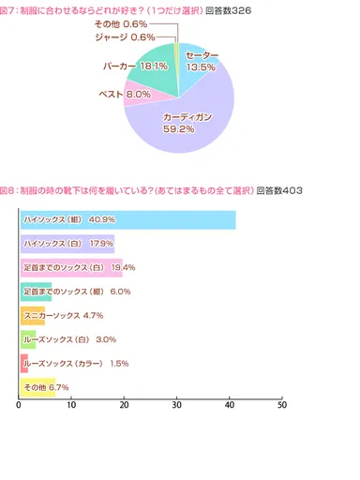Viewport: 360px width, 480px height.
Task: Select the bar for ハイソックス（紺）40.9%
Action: pos(127,219)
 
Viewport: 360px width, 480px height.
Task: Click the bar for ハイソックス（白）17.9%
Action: pos(67,244)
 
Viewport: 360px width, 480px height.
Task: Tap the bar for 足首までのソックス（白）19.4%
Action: pos(70,268)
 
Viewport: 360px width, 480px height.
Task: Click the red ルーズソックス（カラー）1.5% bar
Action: pos(23,363)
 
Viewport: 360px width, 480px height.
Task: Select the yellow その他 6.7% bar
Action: pos(37,387)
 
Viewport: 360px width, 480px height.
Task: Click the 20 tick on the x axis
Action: pos(124,405)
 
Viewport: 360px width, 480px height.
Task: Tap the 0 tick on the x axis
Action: pos(19,405)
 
